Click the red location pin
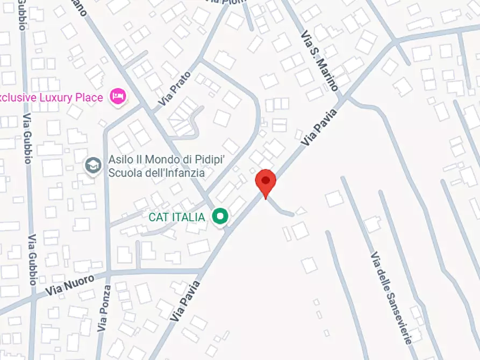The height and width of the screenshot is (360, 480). [265, 182]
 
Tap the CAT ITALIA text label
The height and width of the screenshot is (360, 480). [177, 217]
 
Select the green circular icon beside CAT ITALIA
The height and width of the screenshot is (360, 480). [220, 217]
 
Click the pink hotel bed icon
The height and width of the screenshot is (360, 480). [118, 96]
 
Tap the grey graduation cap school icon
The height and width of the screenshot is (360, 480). [94, 165]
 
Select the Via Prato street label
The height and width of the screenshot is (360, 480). [175, 88]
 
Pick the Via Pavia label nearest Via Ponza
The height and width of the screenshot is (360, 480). [185, 301]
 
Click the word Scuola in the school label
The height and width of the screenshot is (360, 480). [122, 173]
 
